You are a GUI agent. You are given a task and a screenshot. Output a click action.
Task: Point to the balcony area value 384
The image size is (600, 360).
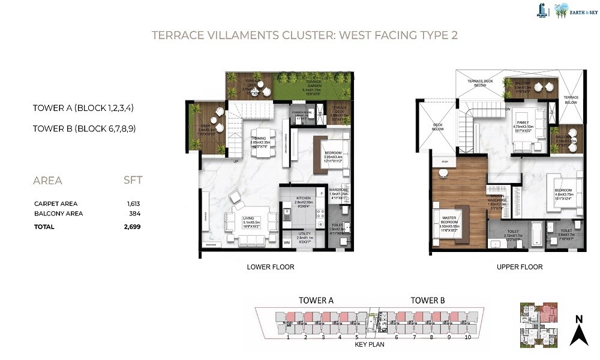pos(135,214)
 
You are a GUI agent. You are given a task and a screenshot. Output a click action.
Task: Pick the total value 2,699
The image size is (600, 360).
pos(132,227)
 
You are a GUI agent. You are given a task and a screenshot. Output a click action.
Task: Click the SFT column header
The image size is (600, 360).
pos(133,180)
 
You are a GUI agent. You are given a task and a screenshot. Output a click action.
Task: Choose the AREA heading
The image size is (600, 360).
pos(47,181)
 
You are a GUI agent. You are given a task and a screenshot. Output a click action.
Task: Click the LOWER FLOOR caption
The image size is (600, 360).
pos(271,267)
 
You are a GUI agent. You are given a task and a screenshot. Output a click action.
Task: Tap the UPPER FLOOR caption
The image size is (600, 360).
pos(520,267)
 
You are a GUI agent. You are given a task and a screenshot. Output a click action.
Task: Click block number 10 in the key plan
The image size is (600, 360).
pos(468,338)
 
